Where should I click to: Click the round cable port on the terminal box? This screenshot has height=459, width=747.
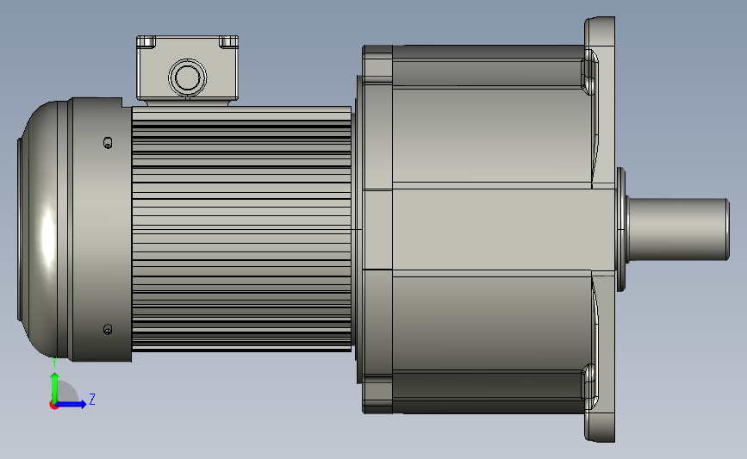(187, 78)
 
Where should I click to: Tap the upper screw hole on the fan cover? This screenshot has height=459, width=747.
(108, 142)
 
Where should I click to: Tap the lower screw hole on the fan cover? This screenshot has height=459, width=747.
(108, 329)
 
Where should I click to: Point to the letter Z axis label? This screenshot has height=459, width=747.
(92, 399)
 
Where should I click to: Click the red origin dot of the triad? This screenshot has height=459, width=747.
(53, 405)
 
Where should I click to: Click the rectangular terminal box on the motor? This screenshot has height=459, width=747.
(187, 69)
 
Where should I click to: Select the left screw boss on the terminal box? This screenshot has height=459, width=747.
(146, 41)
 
